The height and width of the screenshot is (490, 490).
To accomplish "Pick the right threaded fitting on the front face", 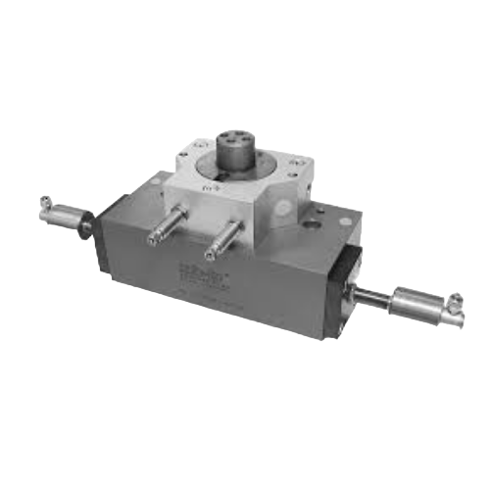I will point(226,236).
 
